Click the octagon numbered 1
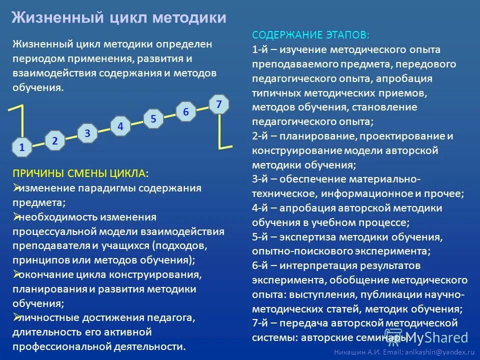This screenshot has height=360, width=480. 22,147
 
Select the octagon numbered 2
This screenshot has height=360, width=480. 55,141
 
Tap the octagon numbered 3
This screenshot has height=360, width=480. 87,133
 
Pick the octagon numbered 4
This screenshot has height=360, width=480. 120,126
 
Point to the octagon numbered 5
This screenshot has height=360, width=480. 153,119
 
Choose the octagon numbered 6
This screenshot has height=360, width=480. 186,112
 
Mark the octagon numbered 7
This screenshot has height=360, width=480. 219,104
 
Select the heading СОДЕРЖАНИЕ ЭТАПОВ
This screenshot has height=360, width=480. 311,35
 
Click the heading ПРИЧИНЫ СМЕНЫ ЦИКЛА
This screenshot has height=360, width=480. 80,173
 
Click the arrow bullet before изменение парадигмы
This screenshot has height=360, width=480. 15,188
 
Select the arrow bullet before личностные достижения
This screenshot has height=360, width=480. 15,317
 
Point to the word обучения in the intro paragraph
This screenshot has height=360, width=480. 37,87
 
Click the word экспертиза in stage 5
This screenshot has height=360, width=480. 305,237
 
